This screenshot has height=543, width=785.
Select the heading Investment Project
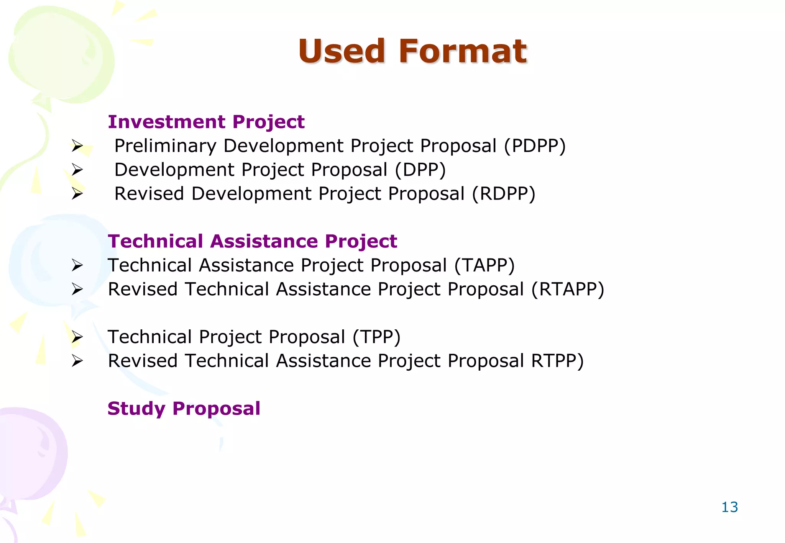[x=206, y=122]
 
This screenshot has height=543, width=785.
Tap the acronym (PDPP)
[x=535, y=146]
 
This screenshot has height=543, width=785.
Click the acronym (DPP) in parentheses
[x=420, y=170]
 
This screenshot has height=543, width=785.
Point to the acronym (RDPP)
[x=503, y=194]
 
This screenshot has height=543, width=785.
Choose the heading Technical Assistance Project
[x=252, y=241]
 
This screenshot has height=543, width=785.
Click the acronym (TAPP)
[x=484, y=265]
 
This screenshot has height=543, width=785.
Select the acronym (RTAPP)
[x=567, y=289]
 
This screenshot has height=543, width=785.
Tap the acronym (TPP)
[x=376, y=337]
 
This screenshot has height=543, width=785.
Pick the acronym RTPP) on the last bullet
[x=557, y=361]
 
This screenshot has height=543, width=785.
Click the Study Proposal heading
[x=184, y=409]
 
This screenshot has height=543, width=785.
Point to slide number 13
[x=729, y=507]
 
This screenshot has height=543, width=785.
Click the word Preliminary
[x=165, y=146]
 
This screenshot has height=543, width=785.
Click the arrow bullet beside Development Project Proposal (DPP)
[x=77, y=170]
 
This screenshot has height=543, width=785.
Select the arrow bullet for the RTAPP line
[x=77, y=289]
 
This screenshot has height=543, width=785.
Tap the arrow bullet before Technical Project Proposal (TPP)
[x=77, y=337]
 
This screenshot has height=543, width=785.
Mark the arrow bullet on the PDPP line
[x=77, y=146]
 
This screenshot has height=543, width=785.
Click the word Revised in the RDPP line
[x=149, y=194]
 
